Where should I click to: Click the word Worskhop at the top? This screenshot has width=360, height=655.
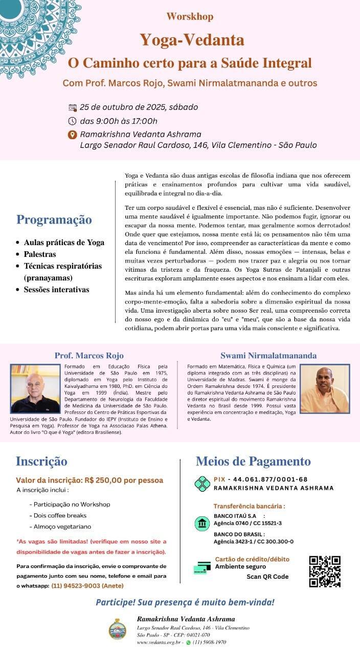tap(190, 16)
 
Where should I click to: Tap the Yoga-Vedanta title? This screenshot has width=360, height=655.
tap(192, 39)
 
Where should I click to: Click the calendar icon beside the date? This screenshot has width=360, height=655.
tap(72, 107)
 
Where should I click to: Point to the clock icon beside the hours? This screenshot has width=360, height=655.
tap(72, 121)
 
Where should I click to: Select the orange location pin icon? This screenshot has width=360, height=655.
tap(72, 135)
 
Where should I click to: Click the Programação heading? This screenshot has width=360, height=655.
tap(54, 220)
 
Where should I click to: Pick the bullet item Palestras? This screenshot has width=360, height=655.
tap(40, 254)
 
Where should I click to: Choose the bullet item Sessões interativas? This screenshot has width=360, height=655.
tap(56, 290)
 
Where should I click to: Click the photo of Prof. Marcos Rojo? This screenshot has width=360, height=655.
tap(35, 389)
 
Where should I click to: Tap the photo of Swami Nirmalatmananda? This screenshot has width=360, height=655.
tap(325, 388)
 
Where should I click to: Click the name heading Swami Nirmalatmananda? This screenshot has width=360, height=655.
tap(268, 355)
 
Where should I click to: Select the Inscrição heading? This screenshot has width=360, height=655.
tap(41, 461)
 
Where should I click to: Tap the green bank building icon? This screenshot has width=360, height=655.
tap(202, 523)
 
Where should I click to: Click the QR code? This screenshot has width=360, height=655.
tap(325, 571)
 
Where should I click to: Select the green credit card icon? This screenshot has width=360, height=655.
tap(202, 567)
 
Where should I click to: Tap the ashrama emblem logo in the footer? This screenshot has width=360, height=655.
tap(118, 629)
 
